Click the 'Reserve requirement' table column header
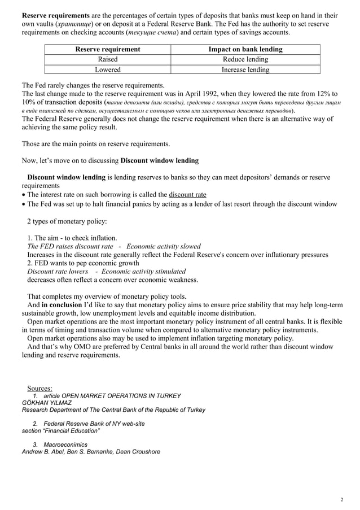point(108,50)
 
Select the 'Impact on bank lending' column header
point(245,50)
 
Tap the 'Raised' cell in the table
point(108,59)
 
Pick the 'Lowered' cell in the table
point(108,69)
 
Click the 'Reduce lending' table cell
point(245,59)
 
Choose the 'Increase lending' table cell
point(245,69)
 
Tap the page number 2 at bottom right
point(342,500)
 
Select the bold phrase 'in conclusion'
point(62,306)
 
